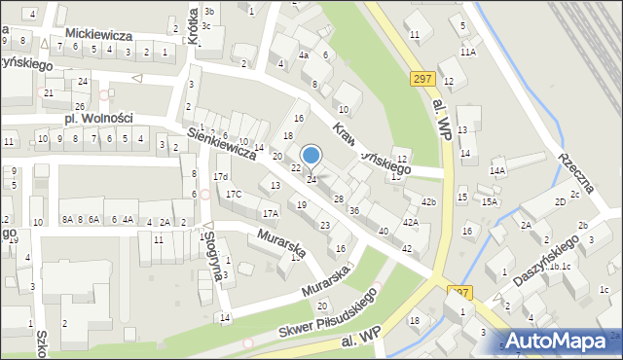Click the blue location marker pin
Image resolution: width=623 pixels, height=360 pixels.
click(311, 156)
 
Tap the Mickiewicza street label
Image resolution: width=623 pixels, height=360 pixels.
click(98, 34)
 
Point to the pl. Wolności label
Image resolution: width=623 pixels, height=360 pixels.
click(98, 119)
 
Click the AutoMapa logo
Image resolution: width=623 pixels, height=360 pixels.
click(558, 341)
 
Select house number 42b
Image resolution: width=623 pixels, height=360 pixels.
click(428, 201)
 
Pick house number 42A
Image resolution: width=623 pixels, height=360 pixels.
click(411, 223)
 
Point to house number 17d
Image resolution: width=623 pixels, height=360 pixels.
click(221, 176)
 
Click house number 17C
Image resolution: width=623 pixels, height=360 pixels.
click(234, 195)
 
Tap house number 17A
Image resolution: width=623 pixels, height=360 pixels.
click(271, 213)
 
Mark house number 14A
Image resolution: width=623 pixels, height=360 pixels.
click(497, 171)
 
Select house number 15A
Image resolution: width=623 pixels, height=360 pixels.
click(489, 202)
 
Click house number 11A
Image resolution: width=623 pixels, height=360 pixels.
click(468, 52)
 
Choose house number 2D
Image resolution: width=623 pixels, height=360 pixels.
click(560, 201)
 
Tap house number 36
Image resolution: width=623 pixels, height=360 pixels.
click(354, 210)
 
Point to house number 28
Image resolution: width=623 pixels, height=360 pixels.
click(338, 198)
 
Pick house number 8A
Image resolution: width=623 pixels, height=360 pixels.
click(67, 220)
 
